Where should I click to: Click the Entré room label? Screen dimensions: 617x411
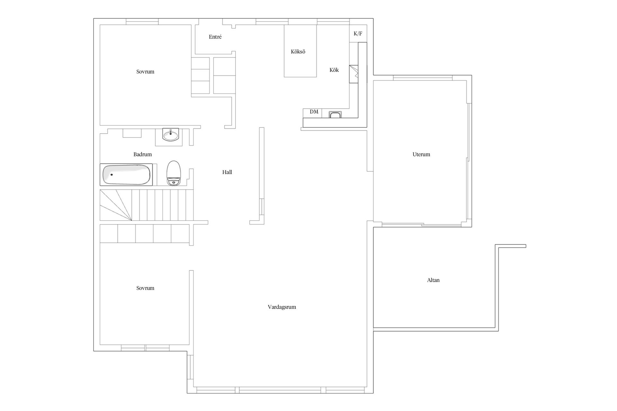[215, 37]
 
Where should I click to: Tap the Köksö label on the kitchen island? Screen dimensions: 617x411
[298, 52]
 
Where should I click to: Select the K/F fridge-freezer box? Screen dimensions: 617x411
[358, 33]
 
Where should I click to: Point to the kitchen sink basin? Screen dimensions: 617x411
[335, 115]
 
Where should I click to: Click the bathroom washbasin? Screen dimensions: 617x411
[170, 135]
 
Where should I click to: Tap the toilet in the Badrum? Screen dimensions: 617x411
[174, 173]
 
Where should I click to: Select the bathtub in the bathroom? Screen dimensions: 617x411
[126, 175]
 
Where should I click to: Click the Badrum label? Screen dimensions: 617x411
[143, 154]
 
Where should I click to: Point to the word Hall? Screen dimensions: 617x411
[227, 172]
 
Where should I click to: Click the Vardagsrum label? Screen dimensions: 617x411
[282, 307]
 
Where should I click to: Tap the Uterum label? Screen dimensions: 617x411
[421, 154]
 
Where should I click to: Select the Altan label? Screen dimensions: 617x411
[433, 280]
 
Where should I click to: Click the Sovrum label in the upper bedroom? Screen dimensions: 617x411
[145, 72]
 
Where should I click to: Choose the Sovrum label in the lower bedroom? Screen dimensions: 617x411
[145, 288]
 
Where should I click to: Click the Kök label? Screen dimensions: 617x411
[334, 70]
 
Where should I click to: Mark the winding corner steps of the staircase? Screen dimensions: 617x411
[116, 205]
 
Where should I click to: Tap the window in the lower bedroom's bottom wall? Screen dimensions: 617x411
[145, 348]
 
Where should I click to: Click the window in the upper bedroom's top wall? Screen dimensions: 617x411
[142, 22]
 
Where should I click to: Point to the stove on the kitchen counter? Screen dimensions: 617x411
[353, 74]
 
